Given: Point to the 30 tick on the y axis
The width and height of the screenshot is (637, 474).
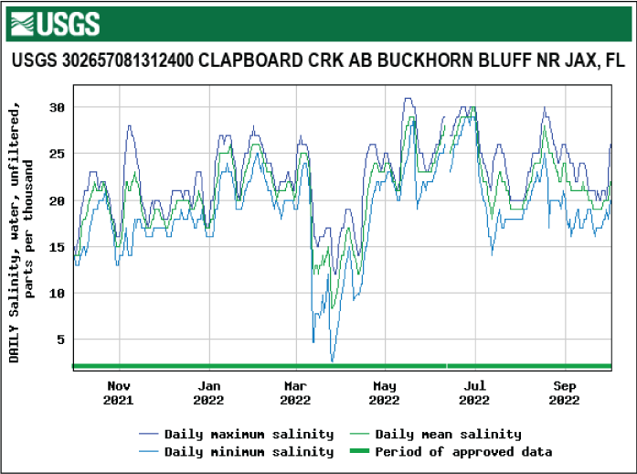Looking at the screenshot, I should pos(57,107).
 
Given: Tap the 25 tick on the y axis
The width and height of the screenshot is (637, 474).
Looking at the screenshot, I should pos(57,154).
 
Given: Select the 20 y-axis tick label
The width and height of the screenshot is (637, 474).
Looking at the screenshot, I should pos(57,200).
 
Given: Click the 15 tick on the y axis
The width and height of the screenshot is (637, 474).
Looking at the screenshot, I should pos(57,247).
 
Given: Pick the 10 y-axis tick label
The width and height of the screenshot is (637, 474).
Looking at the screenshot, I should pos(57,293).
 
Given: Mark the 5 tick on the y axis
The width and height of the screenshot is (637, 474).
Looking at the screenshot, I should pos(60,339).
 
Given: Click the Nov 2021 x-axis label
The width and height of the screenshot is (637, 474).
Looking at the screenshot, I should pos(119,393).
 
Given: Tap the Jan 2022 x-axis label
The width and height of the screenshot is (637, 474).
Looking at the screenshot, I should pos(208,393).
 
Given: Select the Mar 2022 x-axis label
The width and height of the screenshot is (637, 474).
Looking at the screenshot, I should pos(296,393).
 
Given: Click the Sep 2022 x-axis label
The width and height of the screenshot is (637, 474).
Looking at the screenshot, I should pos(565,393).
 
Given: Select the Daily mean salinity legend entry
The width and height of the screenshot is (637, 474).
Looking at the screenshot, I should pos(448,434).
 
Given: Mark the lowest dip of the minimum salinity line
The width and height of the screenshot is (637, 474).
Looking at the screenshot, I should pos(333,361).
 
